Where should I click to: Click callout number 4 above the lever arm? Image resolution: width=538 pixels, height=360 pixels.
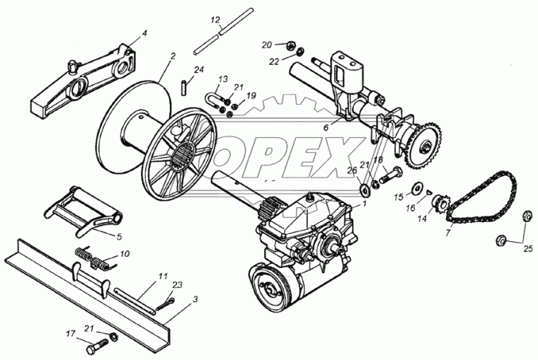pyautogui.click(x=144, y=33)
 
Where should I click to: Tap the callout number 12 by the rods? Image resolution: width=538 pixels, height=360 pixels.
pyautogui.click(x=215, y=20)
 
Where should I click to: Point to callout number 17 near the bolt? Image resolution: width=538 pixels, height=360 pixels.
pyautogui.click(x=71, y=334)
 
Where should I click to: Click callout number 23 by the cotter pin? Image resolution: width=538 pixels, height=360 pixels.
pyautogui.click(x=178, y=285)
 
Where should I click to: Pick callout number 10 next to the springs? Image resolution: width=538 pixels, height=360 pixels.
pyautogui.click(x=125, y=254)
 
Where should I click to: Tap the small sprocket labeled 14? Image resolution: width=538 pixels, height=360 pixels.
pyautogui.click(x=439, y=205)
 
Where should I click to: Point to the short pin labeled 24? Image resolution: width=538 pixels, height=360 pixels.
pyautogui.click(x=183, y=87)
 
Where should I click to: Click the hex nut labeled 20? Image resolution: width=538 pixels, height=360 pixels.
pyautogui.click(x=290, y=45)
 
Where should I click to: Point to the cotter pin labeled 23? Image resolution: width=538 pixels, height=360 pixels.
pyautogui.click(x=165, y=304)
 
